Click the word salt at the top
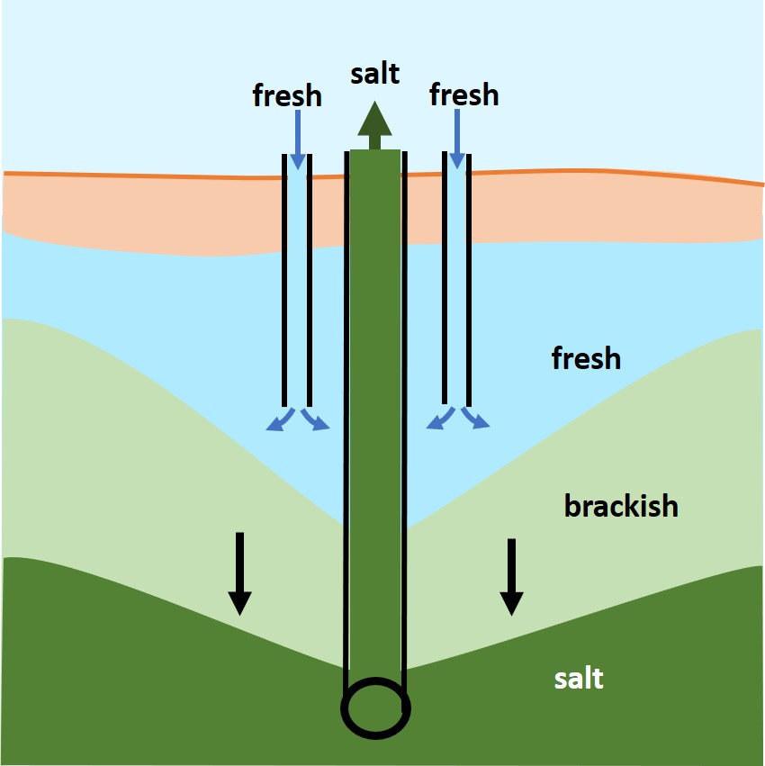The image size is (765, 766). click(x=375, y=73)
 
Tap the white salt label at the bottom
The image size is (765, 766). click(x=579, y=678)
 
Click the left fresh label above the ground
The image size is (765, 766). click(x=287, y=95)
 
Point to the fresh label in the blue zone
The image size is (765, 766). click(x=586, y=358)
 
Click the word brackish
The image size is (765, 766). click(x=621, y=506)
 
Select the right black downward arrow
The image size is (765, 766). click(x=511, y=577)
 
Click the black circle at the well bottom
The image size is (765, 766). click(x=375, y=707)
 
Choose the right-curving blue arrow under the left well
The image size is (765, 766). click(x=316, y=420)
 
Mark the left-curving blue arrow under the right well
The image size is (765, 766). click(x=440, y=419)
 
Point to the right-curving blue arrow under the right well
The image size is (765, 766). click(x=476, y=419)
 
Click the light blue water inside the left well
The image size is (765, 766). click(x=297, y=288)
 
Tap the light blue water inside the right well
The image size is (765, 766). click(x=457, y=288)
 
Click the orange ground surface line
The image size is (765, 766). click(x=180, y=176)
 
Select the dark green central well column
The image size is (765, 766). click(x=375, y=405)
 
